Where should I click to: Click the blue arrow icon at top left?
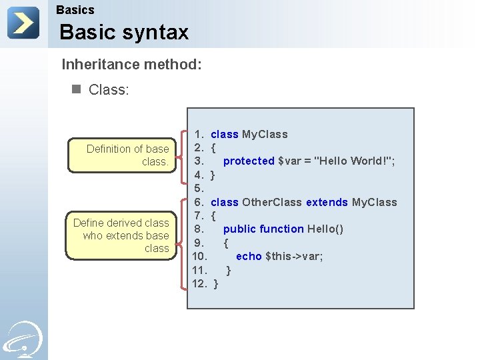coord(23,23)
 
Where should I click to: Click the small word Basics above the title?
coord(75,10)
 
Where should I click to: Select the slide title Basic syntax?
coord(124,32)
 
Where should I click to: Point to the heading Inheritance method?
coord(131,65)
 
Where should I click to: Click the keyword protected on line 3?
coord(249,161)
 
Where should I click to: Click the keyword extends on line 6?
coord(327,202)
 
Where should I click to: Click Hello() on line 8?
coord(325,229)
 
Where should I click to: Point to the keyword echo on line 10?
coord(249,256)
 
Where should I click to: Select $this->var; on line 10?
coord(294,256)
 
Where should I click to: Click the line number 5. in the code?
coord(199,188)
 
